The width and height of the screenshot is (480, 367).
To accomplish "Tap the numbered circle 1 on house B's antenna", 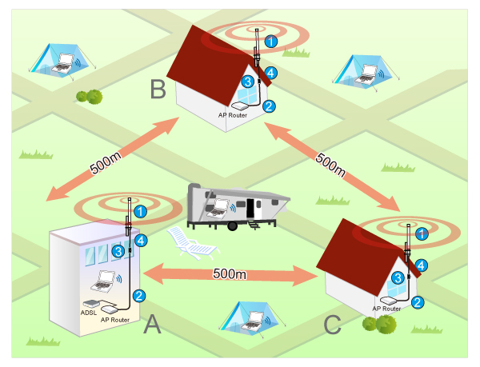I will tap(271, 41).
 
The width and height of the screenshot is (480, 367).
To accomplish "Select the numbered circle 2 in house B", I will tap(270, 106).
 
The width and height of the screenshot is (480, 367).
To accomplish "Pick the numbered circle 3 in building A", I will tap(118, 251).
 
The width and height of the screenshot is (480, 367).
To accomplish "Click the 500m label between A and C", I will tap(230, 273).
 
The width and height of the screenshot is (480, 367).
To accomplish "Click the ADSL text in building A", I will tap(90, 313).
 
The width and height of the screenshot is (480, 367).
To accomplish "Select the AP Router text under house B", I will tap(233, 115).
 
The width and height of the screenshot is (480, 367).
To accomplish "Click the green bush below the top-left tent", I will tap(89, 96).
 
